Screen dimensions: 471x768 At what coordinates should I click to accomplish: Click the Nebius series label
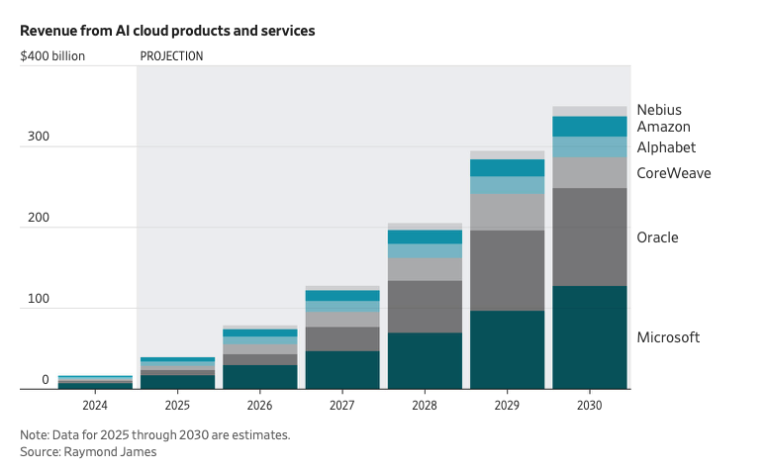tap(659, 110)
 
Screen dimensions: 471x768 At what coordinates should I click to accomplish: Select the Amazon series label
tap(663, 128)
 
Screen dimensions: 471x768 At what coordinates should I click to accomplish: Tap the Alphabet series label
tap(666, 147)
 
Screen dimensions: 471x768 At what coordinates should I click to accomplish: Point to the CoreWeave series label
tap(673, 174)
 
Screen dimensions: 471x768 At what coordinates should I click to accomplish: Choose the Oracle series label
tap(657, 238)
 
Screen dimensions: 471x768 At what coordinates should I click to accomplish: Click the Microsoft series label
tap(668, 337)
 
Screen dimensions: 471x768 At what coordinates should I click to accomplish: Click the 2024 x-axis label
tap(95, 405)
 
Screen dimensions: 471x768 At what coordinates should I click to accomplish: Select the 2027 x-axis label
tap(342, 405)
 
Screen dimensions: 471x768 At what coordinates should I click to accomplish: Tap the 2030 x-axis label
tap(590, 405)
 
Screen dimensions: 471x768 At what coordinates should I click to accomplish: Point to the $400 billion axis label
tap(52, 56)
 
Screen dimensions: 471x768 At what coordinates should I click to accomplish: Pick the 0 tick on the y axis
tap(45, 380)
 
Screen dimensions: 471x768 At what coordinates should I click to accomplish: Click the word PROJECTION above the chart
tap(171, 56)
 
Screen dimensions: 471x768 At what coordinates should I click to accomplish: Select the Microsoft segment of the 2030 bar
tap(590, 337)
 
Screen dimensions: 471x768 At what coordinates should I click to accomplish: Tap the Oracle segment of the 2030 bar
tap(590, 237)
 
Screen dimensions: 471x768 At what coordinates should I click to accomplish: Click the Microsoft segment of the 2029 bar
tap(507, 350)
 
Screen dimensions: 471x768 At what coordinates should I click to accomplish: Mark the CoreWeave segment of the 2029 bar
tap(507, 212)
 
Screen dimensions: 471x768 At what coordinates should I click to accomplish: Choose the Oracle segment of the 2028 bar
tap(425, 307)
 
